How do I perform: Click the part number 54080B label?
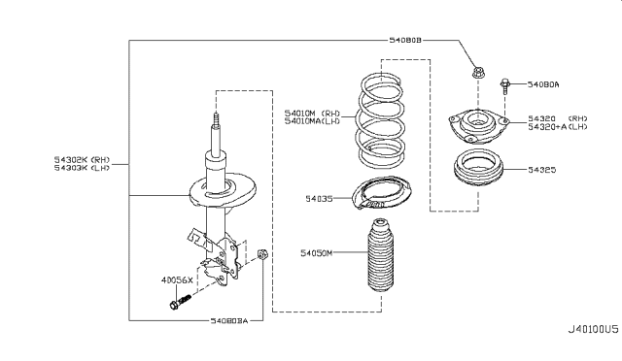403,41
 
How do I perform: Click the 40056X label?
178,279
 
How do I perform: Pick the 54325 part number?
542,169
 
